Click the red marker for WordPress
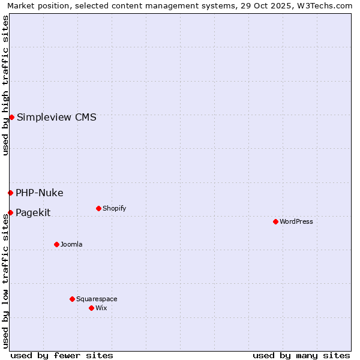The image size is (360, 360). tap(275, 221)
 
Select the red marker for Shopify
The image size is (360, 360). tap(98, 208)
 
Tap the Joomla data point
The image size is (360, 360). tap(56, 244)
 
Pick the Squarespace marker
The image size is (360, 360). tap(72, 299)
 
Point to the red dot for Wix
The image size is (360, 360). tap(91, 308)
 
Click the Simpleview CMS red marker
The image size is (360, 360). tap(11, 117)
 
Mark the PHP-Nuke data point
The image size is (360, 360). tap(10, 193)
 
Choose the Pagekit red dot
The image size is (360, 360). tap(10, 212)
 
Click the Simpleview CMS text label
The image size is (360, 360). tap(56, 117)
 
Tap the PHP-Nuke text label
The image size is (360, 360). tap(40, 193)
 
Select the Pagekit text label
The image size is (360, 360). tap(33, 212)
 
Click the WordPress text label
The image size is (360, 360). tap(296, 221)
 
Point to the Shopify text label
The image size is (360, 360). tap(114, 208)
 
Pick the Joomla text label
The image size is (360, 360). tap(71, 244)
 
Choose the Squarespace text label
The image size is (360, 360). tap(97, 299)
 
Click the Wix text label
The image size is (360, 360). tap(101, 308)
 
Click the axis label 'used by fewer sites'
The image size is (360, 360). tap(62, 355)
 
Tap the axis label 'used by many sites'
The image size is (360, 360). tap(301, 355)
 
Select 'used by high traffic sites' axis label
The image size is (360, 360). tap(6, 85)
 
